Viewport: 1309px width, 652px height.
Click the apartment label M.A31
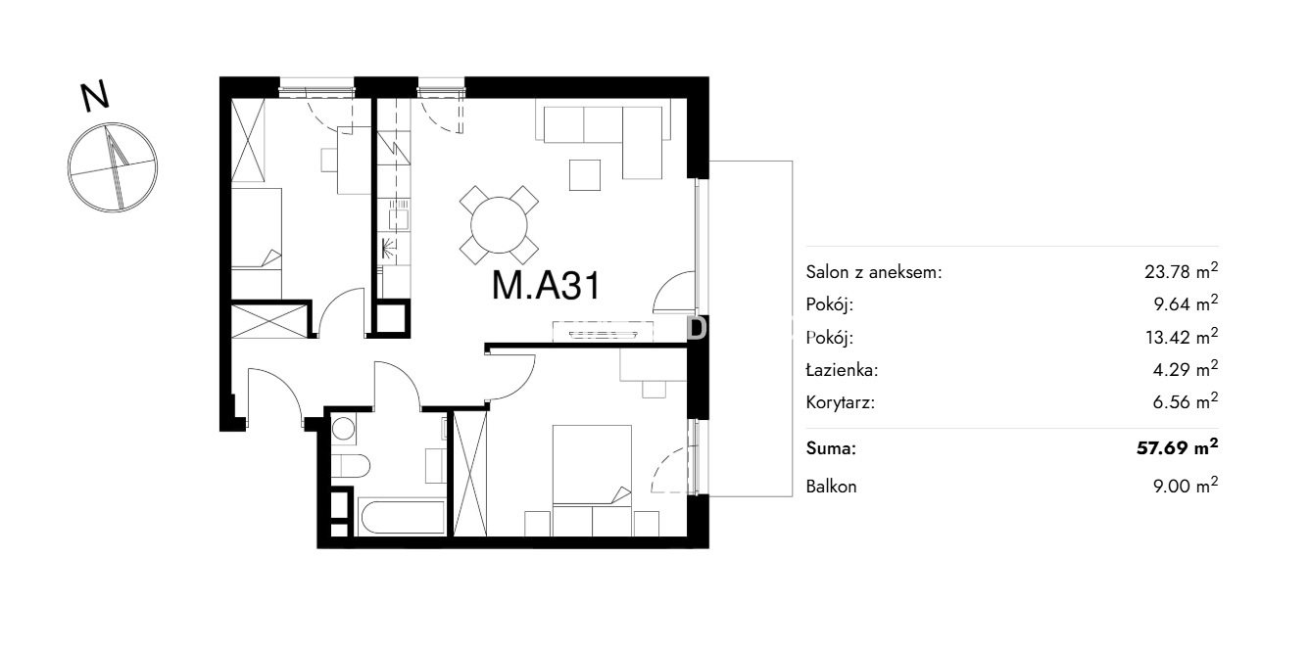tap(546, 286)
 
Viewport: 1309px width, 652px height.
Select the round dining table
tap(499, 225)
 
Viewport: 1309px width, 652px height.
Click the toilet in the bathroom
tap(351, 467)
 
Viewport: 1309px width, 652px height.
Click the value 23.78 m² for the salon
tap(1181, 271)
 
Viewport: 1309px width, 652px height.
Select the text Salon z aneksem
tap(873, 272)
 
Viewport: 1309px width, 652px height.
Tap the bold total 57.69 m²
tap(1177, 447)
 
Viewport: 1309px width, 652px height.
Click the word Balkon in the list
tap(831, 487)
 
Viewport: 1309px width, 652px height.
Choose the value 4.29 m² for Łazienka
tap(1186, 369)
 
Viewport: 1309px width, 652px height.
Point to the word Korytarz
tap(840, 402)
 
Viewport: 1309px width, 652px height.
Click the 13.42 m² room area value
tap(1182, 336)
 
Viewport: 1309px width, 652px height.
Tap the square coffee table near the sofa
tap(585, 174)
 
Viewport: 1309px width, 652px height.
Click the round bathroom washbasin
tap(343, 430)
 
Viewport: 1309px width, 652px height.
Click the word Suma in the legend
tap(831, 448)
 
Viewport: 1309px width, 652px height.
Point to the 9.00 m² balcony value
tap(1186, 485)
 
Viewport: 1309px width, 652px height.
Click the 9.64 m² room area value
tap(1186, 303)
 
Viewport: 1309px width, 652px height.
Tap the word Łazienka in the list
tap(842, 369)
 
